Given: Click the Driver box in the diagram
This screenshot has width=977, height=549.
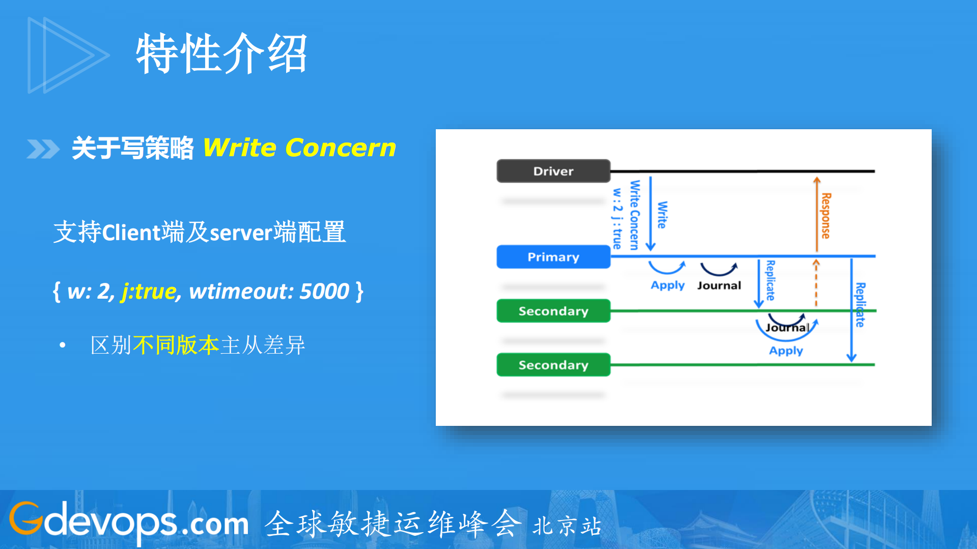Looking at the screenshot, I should tap(553, 171).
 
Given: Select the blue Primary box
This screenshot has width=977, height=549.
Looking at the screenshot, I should tap(553, 257).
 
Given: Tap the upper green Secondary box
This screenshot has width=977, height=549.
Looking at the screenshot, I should tap(553, 311).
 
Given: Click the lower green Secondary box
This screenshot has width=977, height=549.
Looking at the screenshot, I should tap(553, 365).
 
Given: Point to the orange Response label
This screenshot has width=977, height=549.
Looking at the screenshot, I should tap(826, 216).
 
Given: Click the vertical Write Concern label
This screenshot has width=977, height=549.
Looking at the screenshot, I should tap(634, 215).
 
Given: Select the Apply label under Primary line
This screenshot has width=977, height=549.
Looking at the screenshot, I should tap(667, 285).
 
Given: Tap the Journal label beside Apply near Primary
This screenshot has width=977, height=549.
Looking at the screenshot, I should tap(719, 285).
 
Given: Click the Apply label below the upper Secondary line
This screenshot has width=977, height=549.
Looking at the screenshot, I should tap(786, 351).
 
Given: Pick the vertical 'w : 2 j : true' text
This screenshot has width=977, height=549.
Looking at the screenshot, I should tap(617, 218).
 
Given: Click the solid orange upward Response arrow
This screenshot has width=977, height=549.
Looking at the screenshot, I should tap(817, 214).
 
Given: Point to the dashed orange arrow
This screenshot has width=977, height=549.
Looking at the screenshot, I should tap(816, 283).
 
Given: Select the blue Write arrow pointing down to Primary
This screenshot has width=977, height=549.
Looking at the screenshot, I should tap(650, 214).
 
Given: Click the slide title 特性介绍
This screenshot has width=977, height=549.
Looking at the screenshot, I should tap(221, 53).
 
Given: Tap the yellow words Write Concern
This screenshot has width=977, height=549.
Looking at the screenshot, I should tap(299, 148).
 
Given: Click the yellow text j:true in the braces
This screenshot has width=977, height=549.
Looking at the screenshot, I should tap(149, 292).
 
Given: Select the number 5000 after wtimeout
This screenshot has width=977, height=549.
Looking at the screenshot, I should tap(324, 292).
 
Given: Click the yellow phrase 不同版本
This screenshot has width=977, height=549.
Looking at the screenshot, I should tap(176, 345).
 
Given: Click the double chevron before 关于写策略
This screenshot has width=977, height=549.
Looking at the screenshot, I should tap(43, 149).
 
